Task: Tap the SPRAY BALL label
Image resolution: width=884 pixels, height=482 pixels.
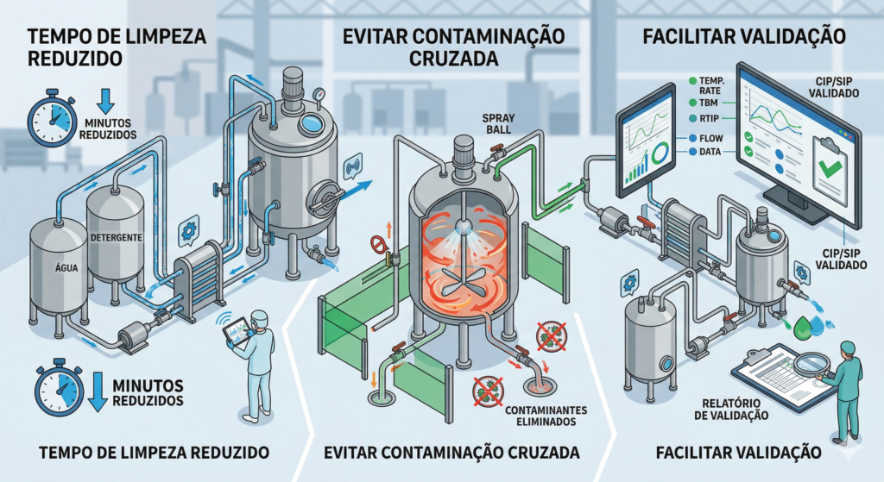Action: pos(498,124)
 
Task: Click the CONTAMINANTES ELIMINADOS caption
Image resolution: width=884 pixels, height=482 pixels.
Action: pos(546,416)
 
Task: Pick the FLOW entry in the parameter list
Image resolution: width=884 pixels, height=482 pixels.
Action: pos(710,138)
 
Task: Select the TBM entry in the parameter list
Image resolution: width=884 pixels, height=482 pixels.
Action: pos(708,103)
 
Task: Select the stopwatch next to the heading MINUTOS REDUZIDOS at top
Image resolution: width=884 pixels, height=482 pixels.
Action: pos(52,117)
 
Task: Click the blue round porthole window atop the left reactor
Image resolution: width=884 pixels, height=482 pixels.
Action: pos(309,124)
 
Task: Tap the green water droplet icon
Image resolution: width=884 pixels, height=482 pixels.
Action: pos(801,329)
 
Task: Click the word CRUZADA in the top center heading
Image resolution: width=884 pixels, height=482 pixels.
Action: pos(453,59)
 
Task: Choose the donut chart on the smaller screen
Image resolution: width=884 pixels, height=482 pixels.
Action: pos(660,152)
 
